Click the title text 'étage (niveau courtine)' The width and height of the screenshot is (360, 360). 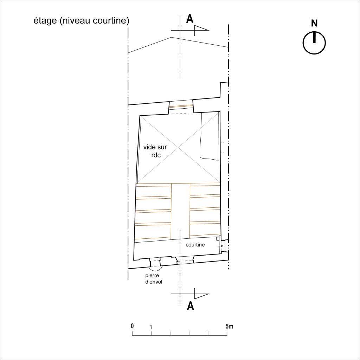tap(81, 21)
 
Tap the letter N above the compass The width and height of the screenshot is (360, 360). tap(314, 23)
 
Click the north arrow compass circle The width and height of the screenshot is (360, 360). tap(314, 43)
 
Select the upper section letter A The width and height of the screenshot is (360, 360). tap(189, 19)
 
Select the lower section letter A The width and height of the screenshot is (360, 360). tap(190, 306)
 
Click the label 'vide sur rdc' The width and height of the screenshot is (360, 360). tap(155, 151)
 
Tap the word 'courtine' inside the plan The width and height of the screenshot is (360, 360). tap(195, 245)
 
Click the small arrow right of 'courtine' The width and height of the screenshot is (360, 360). tap(220, 246)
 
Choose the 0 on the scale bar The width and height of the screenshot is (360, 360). tap(132, 326)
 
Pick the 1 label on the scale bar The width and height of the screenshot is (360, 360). tap(151, 327)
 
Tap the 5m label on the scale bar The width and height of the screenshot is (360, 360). tap(229, 326)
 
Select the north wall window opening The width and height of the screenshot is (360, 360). tap(181, 107)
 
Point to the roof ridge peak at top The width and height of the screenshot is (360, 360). tap(171, 37)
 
